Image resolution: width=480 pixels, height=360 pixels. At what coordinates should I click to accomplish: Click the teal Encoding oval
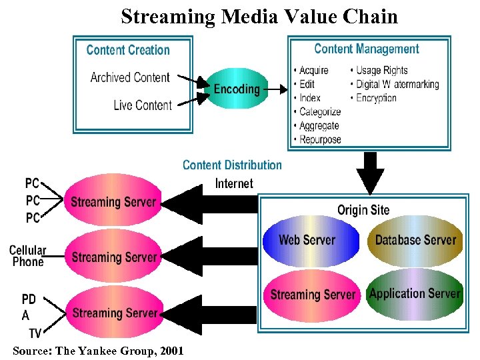click(x=237, y=89)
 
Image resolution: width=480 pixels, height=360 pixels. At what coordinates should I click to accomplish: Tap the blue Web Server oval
click(x=306, y=240)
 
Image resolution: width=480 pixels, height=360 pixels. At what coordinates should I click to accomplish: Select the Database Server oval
click(x=415, y=240)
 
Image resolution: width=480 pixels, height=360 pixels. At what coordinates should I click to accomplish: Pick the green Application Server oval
click(x=415, y=294)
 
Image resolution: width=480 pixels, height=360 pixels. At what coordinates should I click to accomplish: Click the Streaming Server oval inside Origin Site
click(x=313, y=295)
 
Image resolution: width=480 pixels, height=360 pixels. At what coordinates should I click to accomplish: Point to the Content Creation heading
click(x=128, y=50)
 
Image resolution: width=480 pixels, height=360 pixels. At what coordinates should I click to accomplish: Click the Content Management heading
click(x=366, y=49)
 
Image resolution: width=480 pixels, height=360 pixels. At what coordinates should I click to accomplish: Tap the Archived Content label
click(x=130, y=77)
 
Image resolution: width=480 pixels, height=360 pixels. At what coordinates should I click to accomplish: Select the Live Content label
click(x=142, y=105)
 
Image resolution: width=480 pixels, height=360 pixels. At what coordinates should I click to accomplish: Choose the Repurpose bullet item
click(x=320, y=139)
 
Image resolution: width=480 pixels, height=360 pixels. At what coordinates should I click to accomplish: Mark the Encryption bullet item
click(x=376, y=98)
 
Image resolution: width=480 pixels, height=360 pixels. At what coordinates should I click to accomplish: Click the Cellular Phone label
click(x=27, y=256)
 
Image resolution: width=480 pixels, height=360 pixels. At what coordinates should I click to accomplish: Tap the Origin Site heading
click(x=363, y=210)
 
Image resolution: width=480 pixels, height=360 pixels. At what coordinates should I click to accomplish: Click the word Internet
click(x=234, y=183)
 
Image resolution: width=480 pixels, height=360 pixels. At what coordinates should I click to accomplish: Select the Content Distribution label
click(x=232, y=165)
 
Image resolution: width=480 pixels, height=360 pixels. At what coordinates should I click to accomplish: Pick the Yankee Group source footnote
click(x=97, y=351)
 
